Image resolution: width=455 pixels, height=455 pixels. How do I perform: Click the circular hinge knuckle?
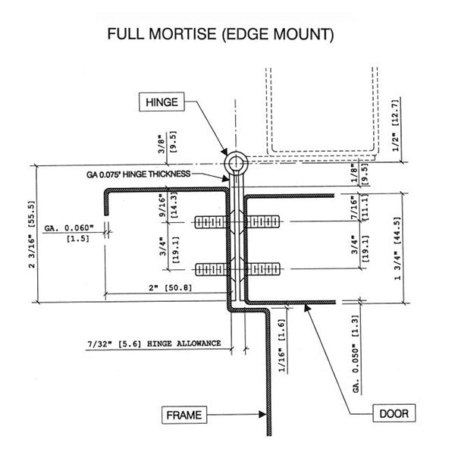pos(235,163)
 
